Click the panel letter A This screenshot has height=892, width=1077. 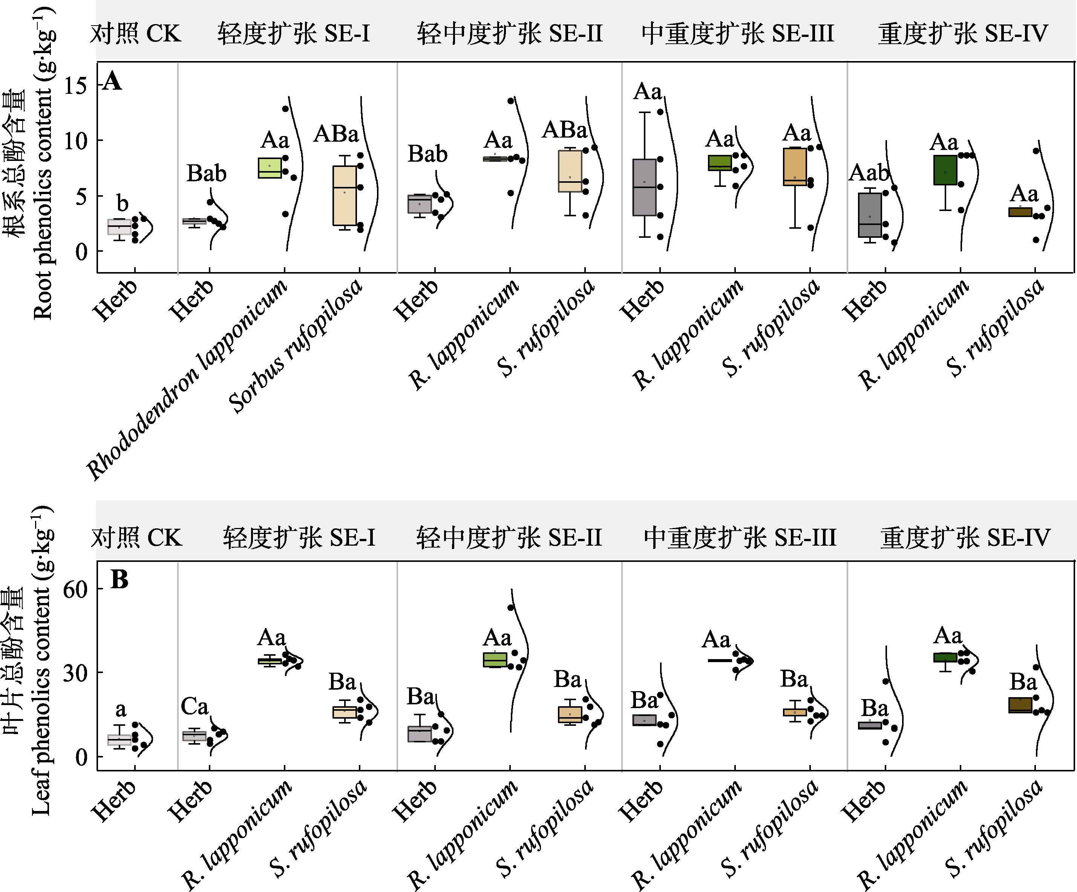(x=112, y=81)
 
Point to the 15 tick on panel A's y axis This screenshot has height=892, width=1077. (x=75, y=85)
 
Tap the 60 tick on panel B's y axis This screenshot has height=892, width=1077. (x=75, y=589)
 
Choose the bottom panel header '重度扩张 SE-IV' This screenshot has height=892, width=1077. (x=965, y=538)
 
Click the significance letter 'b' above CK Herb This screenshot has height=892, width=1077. (x=122, y=203)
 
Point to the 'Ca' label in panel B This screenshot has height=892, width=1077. (x=195, y=707)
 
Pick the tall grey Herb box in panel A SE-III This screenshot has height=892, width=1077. (x=644, y=187)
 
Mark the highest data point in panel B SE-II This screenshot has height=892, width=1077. (x=511, y=607)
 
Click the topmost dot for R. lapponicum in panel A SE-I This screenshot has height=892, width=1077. (x=286, y=109)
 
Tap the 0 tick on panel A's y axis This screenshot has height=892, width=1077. (x=81, y=252)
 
